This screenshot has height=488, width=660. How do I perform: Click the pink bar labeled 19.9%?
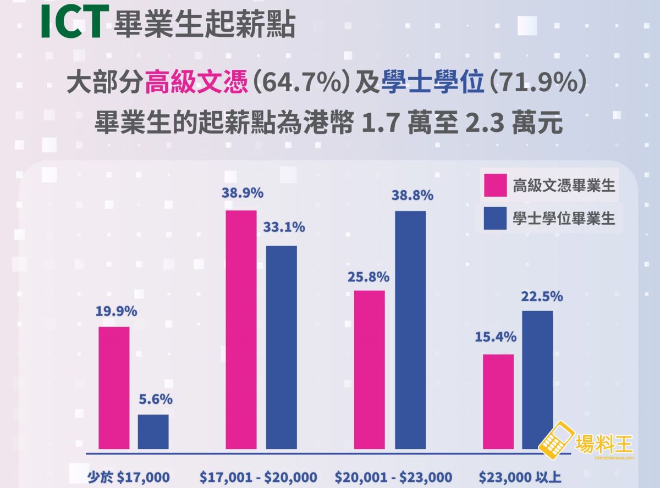(x=114, y=388)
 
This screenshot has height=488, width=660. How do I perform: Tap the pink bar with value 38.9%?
(x=241, y=330)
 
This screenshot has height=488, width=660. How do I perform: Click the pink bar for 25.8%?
(x=369, y=369)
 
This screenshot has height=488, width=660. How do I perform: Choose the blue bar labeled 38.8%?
(x=410, y=330)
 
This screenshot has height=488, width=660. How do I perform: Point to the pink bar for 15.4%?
(x=498, y=402)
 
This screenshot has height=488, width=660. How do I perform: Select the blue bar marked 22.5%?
(x=537, y=380)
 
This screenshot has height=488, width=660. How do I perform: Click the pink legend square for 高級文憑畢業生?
(x=494, y=186)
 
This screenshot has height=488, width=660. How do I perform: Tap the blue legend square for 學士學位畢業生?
(x=494, y=218)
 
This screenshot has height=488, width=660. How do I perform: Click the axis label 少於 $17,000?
(x=129, y=476)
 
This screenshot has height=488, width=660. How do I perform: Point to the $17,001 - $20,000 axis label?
(x=258, y=476)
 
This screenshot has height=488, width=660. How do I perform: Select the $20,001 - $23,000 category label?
(x=394, y=476)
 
